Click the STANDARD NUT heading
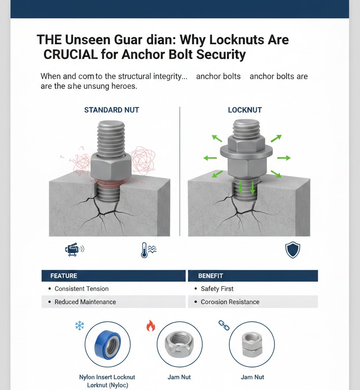coord(111,110)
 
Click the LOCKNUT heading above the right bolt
coord(245,110)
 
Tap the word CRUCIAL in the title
coord(71,54)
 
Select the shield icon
coord(293,250)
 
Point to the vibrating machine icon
coord(74,249)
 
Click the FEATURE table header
coord(64,276)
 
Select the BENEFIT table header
coord(211,276)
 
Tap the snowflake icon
coord(80,326)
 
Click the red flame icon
coord(151,326)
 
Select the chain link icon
coord(224,325)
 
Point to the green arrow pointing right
coord(284,158)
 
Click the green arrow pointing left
coord(210,158)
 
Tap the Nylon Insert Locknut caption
coord(107,381)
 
